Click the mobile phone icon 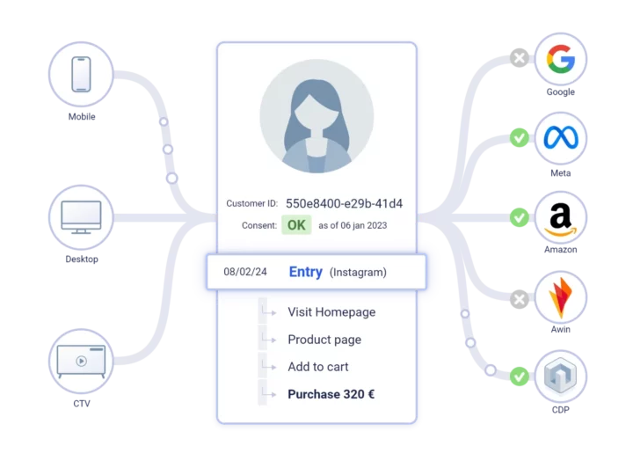81,74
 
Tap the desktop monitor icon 81,217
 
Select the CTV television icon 81,361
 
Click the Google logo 561,59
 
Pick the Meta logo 561,138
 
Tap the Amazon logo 561,219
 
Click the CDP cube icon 561,376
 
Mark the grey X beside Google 520,58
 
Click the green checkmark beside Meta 520,138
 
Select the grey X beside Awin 520,299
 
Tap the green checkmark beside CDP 520,377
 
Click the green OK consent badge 296,225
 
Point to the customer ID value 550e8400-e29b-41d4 344,203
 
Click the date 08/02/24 245,272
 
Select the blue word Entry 306,272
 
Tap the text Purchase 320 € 331,394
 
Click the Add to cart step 317,367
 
